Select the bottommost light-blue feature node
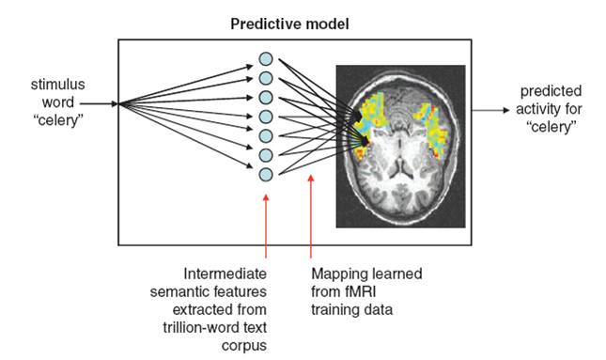point(266,174)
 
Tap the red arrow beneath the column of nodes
point(267,226)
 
